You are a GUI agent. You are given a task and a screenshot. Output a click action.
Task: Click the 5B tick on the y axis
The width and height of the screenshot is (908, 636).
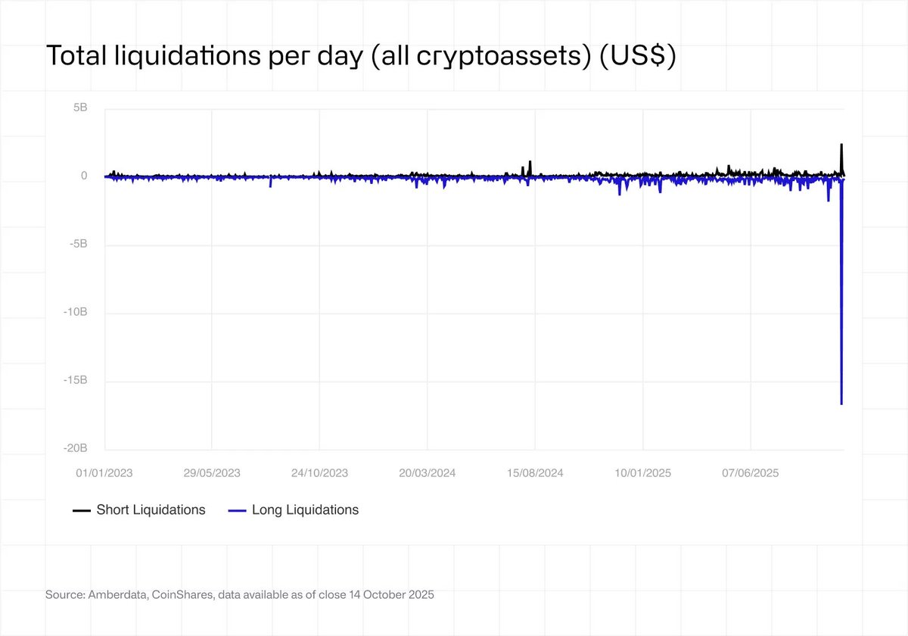tap(80, 108)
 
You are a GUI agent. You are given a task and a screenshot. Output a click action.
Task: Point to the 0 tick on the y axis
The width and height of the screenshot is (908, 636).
tap(84, 176)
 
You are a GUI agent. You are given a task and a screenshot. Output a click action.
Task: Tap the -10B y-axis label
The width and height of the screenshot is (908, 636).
tap(76, 313)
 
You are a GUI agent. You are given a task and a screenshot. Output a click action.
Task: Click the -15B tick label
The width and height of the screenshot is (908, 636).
tap(76, 381)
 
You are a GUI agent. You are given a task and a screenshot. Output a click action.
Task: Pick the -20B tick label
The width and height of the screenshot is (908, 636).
tap(76, 449)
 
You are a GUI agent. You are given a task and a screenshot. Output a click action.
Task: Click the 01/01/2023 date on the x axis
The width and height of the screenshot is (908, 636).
tap(104, 473)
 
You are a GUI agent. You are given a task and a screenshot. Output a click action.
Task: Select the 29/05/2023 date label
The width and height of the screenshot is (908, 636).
tap(212, 473)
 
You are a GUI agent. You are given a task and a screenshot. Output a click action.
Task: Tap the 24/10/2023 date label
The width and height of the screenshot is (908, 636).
tap(319, 473)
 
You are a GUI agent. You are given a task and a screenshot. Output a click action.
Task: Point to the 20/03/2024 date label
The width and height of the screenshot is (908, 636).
tap(428, 473)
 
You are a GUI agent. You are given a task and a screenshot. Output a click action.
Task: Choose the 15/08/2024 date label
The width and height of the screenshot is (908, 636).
tap(535, 473)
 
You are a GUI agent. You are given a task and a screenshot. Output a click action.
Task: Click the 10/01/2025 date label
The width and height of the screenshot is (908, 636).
tap(642, 473)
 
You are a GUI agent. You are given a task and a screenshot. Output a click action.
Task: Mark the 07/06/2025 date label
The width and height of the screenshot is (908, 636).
tap(750, 473)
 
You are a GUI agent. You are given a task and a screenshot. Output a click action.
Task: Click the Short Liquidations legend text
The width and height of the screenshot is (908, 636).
tap(151, 510)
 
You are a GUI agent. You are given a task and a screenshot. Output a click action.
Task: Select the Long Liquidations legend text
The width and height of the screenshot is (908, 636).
tap(305, 510)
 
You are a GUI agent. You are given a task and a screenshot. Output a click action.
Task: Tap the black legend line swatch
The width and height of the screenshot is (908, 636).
tap(82, 511)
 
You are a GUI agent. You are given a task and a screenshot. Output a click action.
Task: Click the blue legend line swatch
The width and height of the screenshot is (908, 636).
tap(237, 511)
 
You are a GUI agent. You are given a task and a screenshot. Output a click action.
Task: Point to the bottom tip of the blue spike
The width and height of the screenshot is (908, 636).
tap(841, 404)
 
